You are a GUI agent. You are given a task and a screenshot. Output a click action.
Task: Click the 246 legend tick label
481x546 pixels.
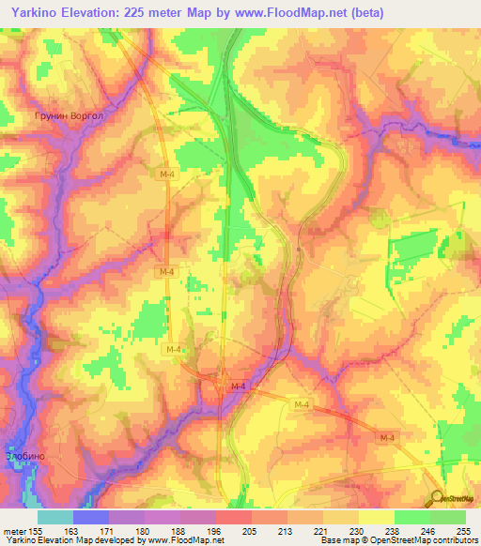(429, 532)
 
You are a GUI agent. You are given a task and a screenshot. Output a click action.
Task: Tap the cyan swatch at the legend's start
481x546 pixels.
(55, 517)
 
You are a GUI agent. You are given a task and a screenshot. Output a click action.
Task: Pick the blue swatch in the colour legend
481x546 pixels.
(91, 517)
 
